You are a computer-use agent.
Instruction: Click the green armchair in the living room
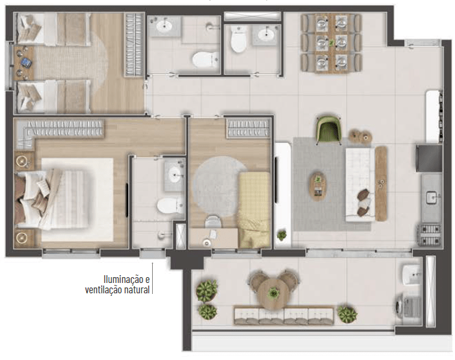coord(328,129)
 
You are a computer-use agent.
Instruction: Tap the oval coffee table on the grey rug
coord(318,186)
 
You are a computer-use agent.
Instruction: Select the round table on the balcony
coord(272,293)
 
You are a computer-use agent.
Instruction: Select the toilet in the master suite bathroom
coord(170,205)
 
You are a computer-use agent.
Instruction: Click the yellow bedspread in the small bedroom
coord(254,209)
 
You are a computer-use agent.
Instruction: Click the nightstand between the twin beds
coord(23,63)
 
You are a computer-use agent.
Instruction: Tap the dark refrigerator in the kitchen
coord(429,159)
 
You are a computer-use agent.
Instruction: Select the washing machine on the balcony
coord(409,307)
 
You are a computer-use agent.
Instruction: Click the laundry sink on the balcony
coord(411,275)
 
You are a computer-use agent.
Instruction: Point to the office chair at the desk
coord(214,221)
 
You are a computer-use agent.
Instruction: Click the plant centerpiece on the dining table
coord(331,43)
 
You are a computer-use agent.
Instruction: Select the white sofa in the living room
coord(359,185)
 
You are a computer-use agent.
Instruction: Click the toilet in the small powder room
coord(239,39)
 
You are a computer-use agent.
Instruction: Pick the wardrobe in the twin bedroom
coord(135,45)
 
